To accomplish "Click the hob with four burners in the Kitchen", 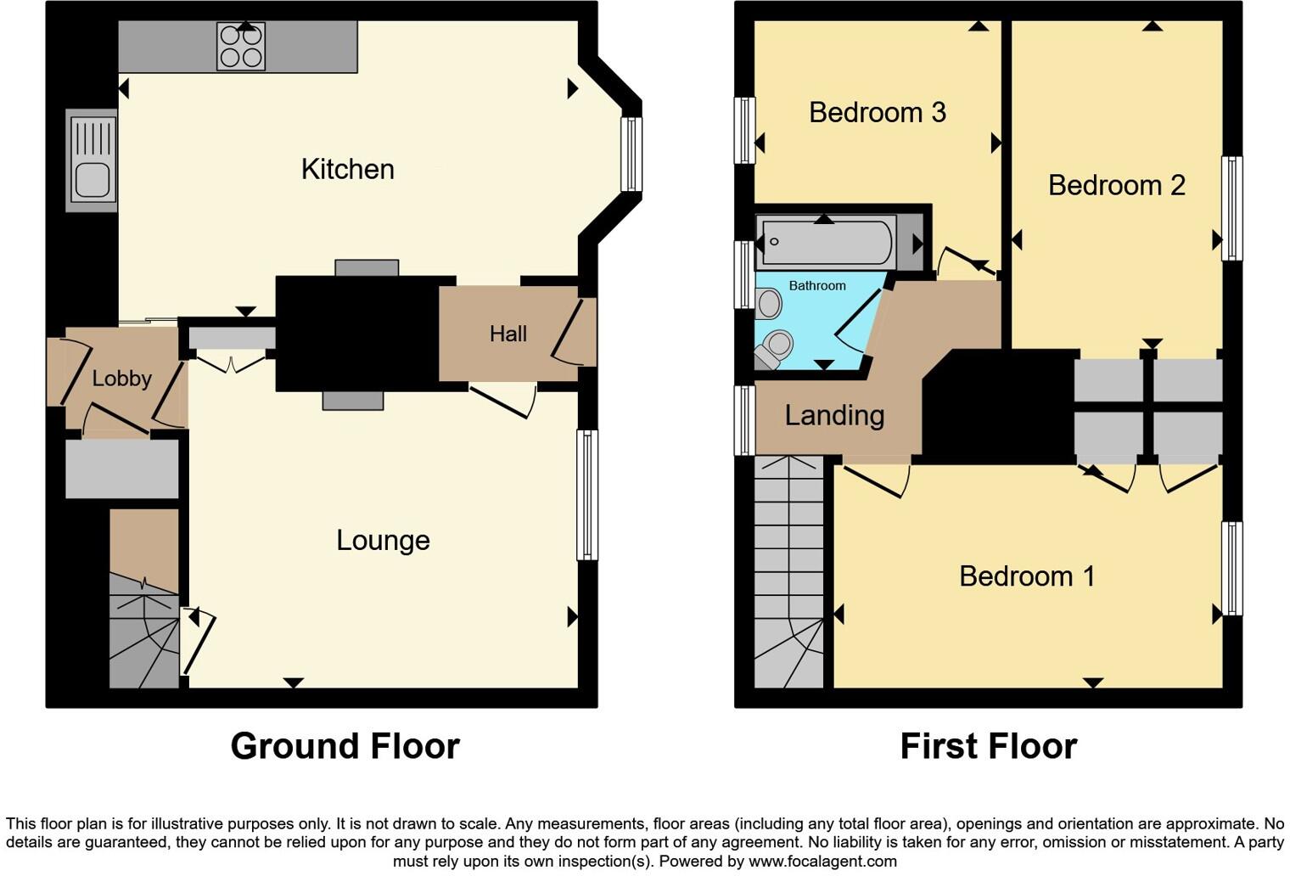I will pos(241,46).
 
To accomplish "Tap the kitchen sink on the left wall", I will pos(92,160).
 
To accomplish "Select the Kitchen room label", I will pos(347,169).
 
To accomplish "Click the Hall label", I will pos(508,334).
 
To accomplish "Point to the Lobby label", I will pos(121,379).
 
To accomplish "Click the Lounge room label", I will pos(383,540).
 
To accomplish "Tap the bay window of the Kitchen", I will pos(631,154).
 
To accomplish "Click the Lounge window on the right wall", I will pos(586,495).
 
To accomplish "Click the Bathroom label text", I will pos(816,285).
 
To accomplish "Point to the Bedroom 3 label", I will pos(877,112).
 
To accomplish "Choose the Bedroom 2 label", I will pos(1116,185).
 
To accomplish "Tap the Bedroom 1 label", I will pos(1026,576).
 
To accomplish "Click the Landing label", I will pos(834,415).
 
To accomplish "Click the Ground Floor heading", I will pos(345,746).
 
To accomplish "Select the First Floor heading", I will pos(988,746).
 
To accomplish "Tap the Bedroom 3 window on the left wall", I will pos(744,130).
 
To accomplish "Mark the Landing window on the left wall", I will pos(744,420).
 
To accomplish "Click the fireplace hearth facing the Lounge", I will pos(352,401).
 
